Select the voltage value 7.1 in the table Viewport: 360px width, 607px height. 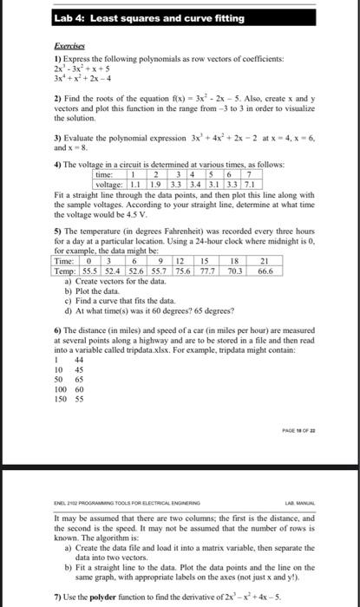(248, 185)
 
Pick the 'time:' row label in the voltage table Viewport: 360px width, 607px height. (109, 175)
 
